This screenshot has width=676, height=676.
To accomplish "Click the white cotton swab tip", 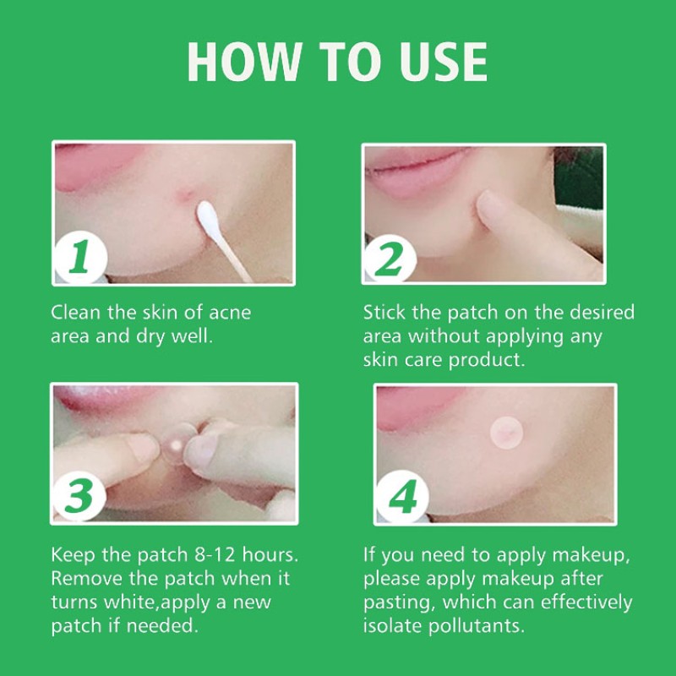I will coord(208,215).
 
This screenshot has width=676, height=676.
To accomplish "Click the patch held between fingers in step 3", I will coord(175,438).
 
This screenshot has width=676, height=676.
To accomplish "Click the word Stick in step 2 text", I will coord(385,313).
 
